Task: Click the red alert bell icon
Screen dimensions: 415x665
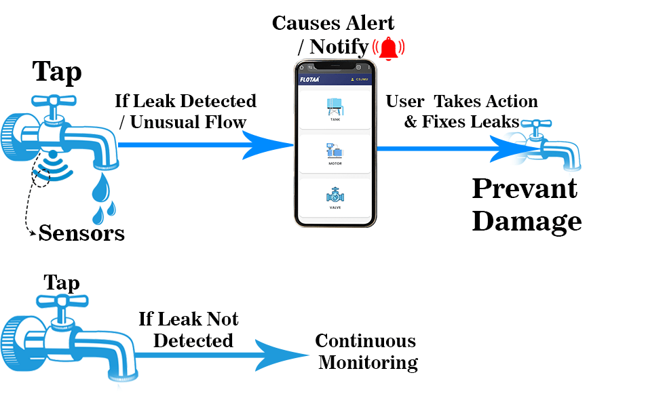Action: (389, 48)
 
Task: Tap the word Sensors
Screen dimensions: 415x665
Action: (81, 233)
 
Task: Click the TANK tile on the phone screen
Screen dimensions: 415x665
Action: (335, 108)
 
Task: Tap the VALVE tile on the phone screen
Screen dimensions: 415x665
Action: (335, 198)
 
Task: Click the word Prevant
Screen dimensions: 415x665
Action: (525, 189)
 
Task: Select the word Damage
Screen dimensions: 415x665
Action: (527, 221)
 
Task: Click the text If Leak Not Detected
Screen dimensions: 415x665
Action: (189, 330)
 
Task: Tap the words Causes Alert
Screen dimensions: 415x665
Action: (333, 23)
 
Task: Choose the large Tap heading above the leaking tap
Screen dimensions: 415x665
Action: (58, 71)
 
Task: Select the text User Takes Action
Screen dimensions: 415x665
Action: (461, 102)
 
